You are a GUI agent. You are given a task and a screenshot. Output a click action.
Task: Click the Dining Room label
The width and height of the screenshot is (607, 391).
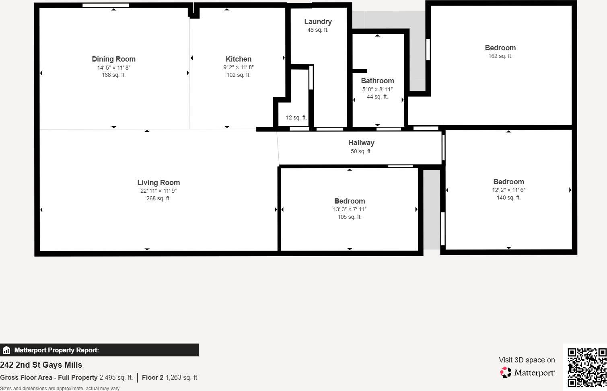[x=113, y=59]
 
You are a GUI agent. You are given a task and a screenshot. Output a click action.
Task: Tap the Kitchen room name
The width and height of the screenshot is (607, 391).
[x=238, y=59]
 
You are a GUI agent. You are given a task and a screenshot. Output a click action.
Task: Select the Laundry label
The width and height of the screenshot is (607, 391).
[x=318, y=22]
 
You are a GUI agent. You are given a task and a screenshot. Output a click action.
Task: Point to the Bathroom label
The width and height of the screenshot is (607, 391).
[x=377, y=81]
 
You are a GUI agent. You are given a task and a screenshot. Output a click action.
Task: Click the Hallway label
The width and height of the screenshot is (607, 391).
[x=361, y=143]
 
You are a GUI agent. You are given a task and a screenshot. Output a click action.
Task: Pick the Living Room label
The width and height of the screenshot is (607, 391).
[x=158, y=183]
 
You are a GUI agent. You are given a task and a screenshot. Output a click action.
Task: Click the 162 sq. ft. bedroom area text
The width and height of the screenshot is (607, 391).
[x=500, y=56]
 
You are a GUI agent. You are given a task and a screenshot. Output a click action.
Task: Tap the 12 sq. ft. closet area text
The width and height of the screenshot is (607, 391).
[x=296, y=118]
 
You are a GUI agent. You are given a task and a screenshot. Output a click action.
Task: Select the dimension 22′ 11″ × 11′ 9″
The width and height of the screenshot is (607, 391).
[x=158, y=191]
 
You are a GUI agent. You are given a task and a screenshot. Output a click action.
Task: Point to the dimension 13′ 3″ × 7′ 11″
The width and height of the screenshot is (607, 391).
[x=350, y=210]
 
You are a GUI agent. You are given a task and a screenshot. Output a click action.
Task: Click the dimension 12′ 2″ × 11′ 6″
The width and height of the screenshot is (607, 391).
[x=508, y=190]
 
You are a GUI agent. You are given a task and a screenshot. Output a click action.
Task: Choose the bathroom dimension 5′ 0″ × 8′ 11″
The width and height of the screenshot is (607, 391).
[x=377, y=89]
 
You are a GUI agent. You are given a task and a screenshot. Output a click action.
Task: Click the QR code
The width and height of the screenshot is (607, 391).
[x=586, y=367]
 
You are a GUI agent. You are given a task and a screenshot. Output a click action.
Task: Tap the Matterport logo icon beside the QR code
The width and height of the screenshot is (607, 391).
[x=505, y=372]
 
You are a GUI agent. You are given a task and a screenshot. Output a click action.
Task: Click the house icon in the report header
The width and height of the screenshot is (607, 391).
[x=6, y=350]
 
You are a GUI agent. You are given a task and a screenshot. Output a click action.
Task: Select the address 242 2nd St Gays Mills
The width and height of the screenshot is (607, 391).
[x=41, y=365]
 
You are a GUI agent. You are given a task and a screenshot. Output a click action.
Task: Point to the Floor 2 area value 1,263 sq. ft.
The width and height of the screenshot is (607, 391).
[x=182, y=378]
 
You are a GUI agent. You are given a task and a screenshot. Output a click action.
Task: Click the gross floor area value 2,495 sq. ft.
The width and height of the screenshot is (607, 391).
[x=116, y=378]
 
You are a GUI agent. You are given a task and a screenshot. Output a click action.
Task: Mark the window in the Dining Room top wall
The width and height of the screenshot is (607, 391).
[x=105, y=5]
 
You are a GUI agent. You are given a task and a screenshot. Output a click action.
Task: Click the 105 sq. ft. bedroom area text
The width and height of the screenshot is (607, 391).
[x=350, y=217]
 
